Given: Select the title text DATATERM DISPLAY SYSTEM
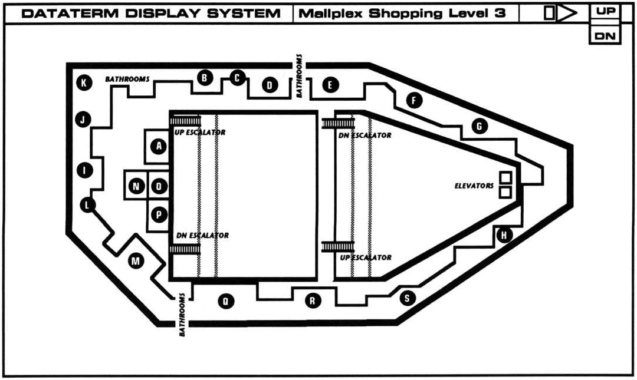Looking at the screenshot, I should click(x=151, y=14).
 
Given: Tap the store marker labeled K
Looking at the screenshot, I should click(x=84, y=83).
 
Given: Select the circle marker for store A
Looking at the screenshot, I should click(x=158, y=146).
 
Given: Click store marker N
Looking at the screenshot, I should click(x=137, y=187).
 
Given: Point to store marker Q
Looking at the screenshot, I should click(x=225, y=302).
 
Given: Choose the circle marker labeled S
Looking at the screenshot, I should click(x=406, y=298).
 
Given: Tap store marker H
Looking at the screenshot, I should click(x=504, y=236).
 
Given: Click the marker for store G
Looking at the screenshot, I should click(x=479, y=125).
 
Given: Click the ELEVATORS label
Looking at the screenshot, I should click(x=474, y=186).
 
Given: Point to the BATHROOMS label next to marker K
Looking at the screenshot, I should click(x=127, y=79).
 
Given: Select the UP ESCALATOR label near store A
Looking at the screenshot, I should click(x=200, y=133).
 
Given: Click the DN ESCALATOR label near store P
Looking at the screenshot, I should click(x=202, y=236).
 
